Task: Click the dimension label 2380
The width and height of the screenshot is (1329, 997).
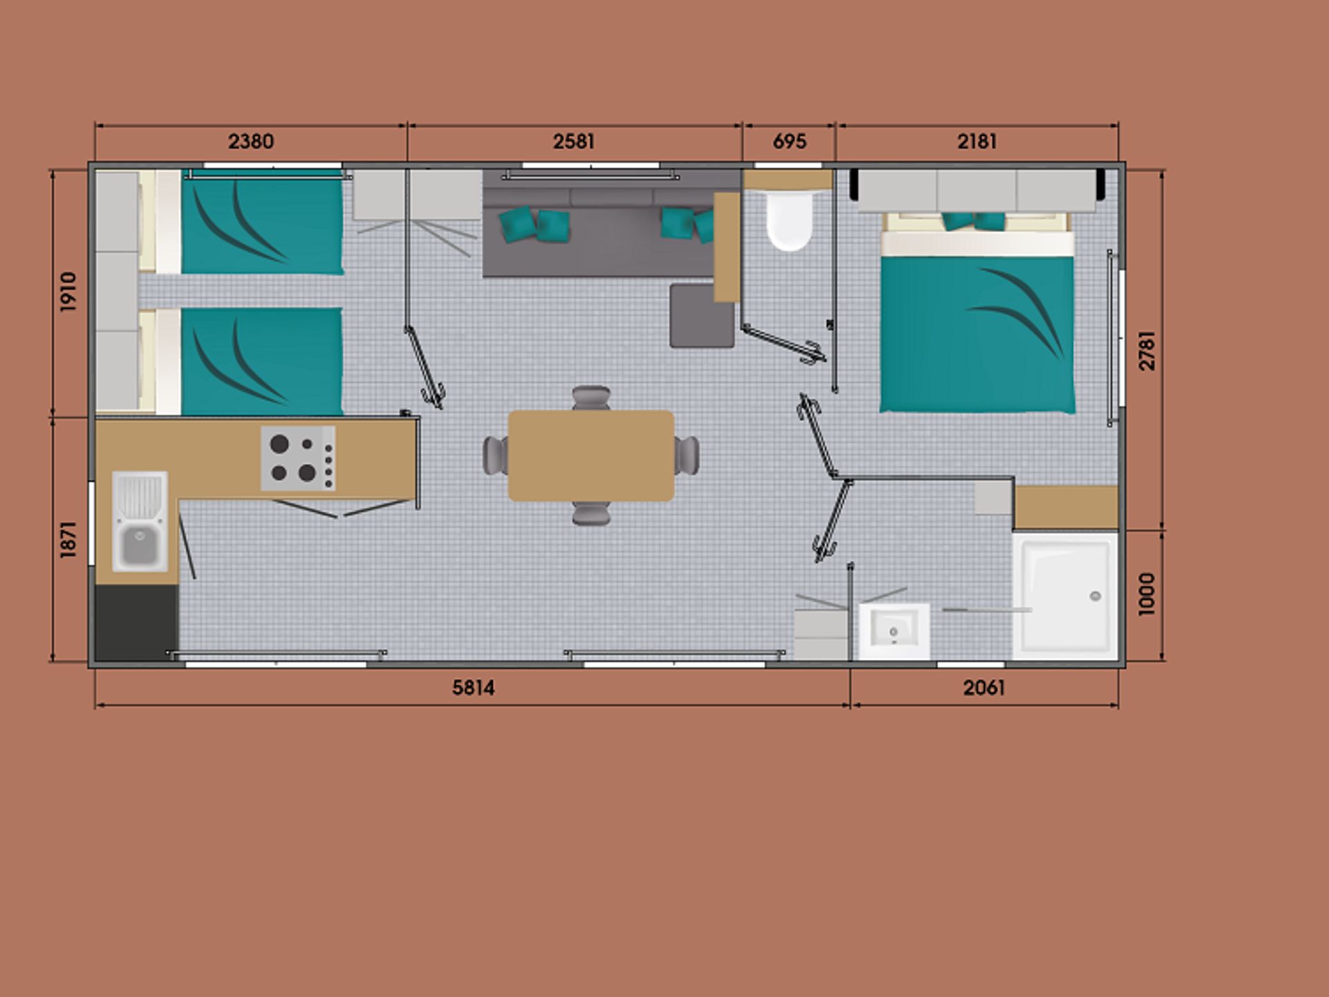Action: click(251, 142)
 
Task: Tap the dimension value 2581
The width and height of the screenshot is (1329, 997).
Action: click(574, 142)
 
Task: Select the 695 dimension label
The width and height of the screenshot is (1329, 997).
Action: click(790, 142)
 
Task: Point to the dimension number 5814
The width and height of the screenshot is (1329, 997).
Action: click(473, 688)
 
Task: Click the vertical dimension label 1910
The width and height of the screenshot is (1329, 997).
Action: click(68, 291)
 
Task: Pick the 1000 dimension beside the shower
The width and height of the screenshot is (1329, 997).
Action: click(1147, 594)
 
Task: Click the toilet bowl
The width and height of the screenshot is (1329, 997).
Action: click(789, 220)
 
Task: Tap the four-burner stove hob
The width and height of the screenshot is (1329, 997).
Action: click(298, 458)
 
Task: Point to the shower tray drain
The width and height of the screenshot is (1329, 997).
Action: click(1095, 596)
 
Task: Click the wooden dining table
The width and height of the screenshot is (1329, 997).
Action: click(591, 456)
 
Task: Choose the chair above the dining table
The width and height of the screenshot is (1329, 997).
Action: click(591, 398)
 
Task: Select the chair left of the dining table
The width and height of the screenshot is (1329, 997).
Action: click(496, 456)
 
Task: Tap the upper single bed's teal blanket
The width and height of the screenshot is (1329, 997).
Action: click(262, 223)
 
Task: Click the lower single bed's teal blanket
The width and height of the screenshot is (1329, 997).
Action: click(262, 361)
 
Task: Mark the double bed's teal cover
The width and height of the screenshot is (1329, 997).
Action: click(977, 334)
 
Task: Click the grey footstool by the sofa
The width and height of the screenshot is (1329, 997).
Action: click(702, 316)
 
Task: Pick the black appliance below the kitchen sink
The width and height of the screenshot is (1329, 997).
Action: click(136, 623)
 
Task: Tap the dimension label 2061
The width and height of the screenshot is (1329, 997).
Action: click(984, 688)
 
